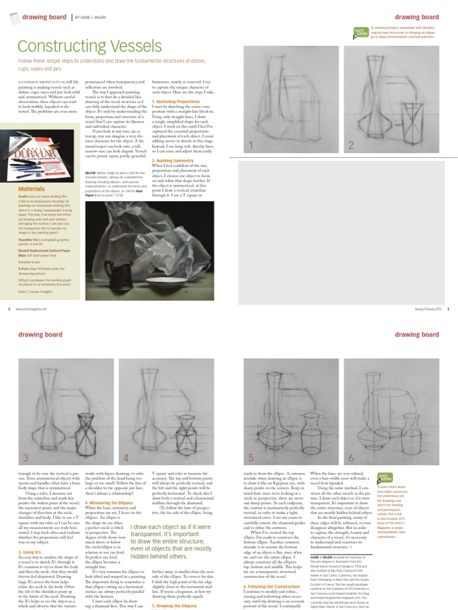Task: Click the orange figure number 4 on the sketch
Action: (126, 457)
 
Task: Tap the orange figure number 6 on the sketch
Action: (351, 457)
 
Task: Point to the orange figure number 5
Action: (251, 457)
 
